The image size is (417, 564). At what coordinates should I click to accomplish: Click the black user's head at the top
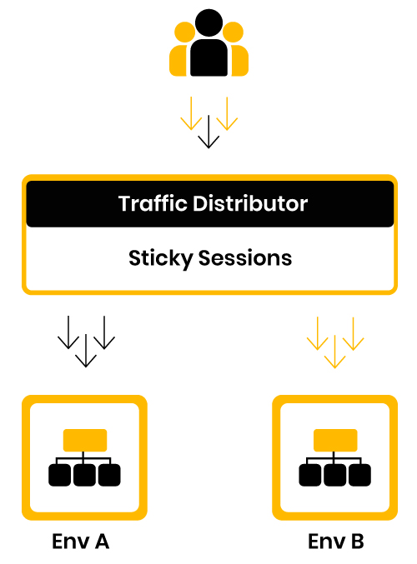[x=208, y=22]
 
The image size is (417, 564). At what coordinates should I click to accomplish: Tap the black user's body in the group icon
[x=208, y=57]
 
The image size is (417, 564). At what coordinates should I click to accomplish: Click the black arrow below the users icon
[x=208, y=132]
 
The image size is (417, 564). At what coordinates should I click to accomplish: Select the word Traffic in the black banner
[x=153, y=203]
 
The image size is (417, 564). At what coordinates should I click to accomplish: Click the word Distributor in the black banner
[x=250, y=203]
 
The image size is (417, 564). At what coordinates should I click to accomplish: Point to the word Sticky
[x=161, y=258]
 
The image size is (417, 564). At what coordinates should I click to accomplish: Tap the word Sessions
[x=245, y=258]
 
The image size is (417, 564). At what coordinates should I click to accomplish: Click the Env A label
[x=80, y=541]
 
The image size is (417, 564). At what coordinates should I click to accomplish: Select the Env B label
[x=336, y=541]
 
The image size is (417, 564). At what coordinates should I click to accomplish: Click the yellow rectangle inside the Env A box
[x=85, y=440]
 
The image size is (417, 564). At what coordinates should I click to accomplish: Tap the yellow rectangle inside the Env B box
[x=335, y=440]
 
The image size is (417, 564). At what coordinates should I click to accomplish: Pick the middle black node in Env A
[x=84, y=475]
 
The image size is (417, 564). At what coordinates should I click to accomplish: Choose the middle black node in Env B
[x=335, y=475]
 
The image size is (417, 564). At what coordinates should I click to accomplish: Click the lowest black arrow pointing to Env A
[x=86, y=351]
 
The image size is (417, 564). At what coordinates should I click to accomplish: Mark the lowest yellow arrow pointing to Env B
[x=335, y=352]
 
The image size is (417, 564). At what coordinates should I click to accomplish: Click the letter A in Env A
[x=102, y=541]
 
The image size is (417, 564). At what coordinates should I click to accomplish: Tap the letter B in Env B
[x=358, y=541]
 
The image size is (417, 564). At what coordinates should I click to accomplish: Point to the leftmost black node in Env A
[x=60, y=475]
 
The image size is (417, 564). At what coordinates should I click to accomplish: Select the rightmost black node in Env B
[x=359, y=475]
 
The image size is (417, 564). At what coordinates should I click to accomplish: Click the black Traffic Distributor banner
[x=210, y=203]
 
